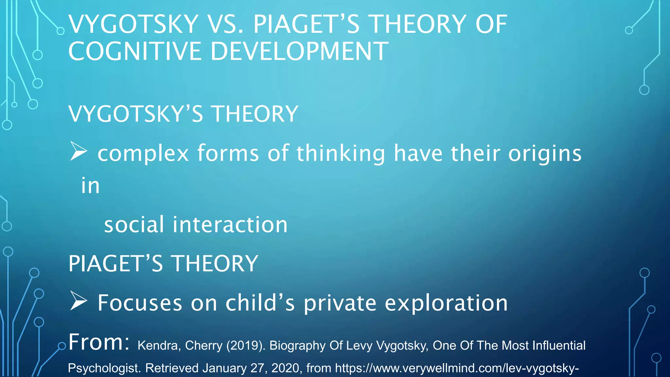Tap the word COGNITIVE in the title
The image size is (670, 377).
point(135,52)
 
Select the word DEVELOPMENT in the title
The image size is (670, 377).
point(299,52)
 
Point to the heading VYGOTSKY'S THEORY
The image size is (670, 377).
point(183,114)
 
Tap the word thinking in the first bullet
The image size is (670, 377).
point(341,153)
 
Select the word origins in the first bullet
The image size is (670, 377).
point(545,153)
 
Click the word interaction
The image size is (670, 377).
point(230,225)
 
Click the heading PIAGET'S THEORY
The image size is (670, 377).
point(163,264)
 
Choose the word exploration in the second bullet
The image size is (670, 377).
point(446,303)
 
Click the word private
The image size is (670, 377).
point(340,303)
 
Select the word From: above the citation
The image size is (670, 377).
point(99,342)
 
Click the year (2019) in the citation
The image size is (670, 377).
point(246,346)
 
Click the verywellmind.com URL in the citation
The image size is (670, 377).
point(457,368)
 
